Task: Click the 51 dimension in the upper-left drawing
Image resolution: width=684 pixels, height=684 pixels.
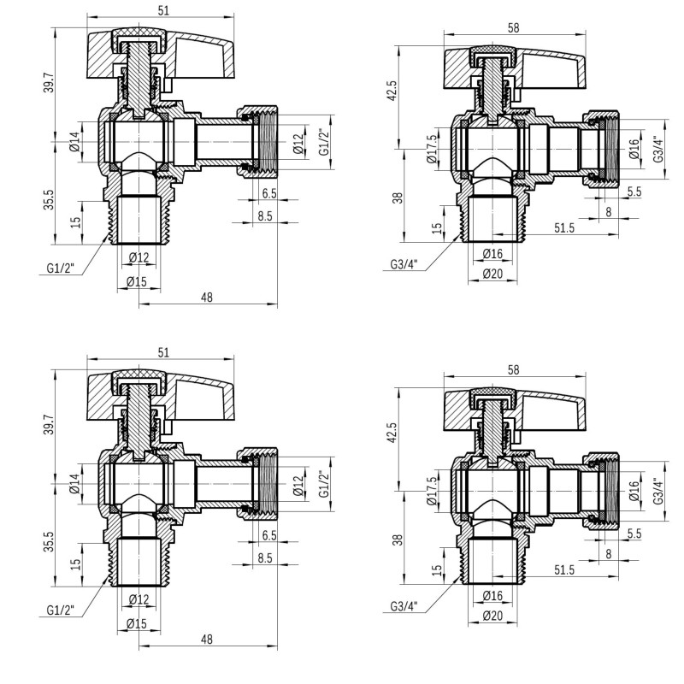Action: [163, 10]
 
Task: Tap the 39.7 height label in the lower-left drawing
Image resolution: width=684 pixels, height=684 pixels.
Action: [49, 424]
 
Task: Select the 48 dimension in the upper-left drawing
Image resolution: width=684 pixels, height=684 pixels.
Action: [207, 298]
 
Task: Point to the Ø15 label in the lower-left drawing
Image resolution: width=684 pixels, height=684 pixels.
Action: [137, 624]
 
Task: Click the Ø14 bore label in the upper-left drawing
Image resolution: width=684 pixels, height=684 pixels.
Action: [75, 142]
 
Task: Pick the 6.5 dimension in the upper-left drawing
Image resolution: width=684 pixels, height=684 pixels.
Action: [269, 193]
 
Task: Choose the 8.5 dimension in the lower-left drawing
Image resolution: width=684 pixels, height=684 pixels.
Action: [265, 558]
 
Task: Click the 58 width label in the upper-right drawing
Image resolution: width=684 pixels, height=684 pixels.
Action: [514, 28]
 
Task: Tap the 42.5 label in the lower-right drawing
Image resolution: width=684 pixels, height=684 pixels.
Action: [392, 433]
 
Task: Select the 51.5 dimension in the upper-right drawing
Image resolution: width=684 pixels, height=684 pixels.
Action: [564, 227]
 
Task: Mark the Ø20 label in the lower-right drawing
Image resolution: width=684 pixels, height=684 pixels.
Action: [493, 616]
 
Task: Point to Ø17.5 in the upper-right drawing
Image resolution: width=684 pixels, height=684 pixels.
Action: [432, 149]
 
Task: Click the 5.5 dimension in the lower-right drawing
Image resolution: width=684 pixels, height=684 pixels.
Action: [634, 534]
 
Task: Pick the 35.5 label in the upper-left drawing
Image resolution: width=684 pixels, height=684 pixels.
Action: [49, 199]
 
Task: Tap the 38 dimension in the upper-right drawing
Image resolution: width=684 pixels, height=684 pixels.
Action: [398, 198]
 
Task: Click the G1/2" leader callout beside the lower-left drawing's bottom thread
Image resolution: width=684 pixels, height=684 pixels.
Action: [61, 610]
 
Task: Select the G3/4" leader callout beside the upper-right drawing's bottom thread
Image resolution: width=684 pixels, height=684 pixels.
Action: [404, 264]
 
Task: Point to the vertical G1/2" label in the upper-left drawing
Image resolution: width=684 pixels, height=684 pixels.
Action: [324, 142]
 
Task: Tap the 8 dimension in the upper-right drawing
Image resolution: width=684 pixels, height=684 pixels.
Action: [609, 212]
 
